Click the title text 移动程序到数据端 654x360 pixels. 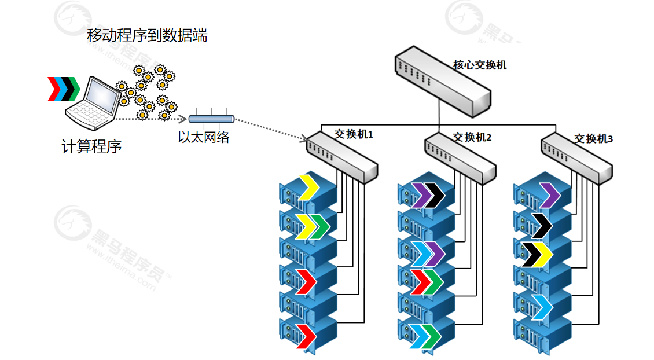tap(147, 36)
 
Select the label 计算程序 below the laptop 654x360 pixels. tap(91, 146)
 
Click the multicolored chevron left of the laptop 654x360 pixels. tap(63, 88)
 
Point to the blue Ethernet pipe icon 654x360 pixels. tap(211, 119)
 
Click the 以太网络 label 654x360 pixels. tap(203, 137)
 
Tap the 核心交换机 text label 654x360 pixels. tap(480, 65)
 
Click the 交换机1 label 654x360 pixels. tap(354, 134)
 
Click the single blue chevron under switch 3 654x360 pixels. tap(543, 306)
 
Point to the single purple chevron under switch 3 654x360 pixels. tap(547, 194)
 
